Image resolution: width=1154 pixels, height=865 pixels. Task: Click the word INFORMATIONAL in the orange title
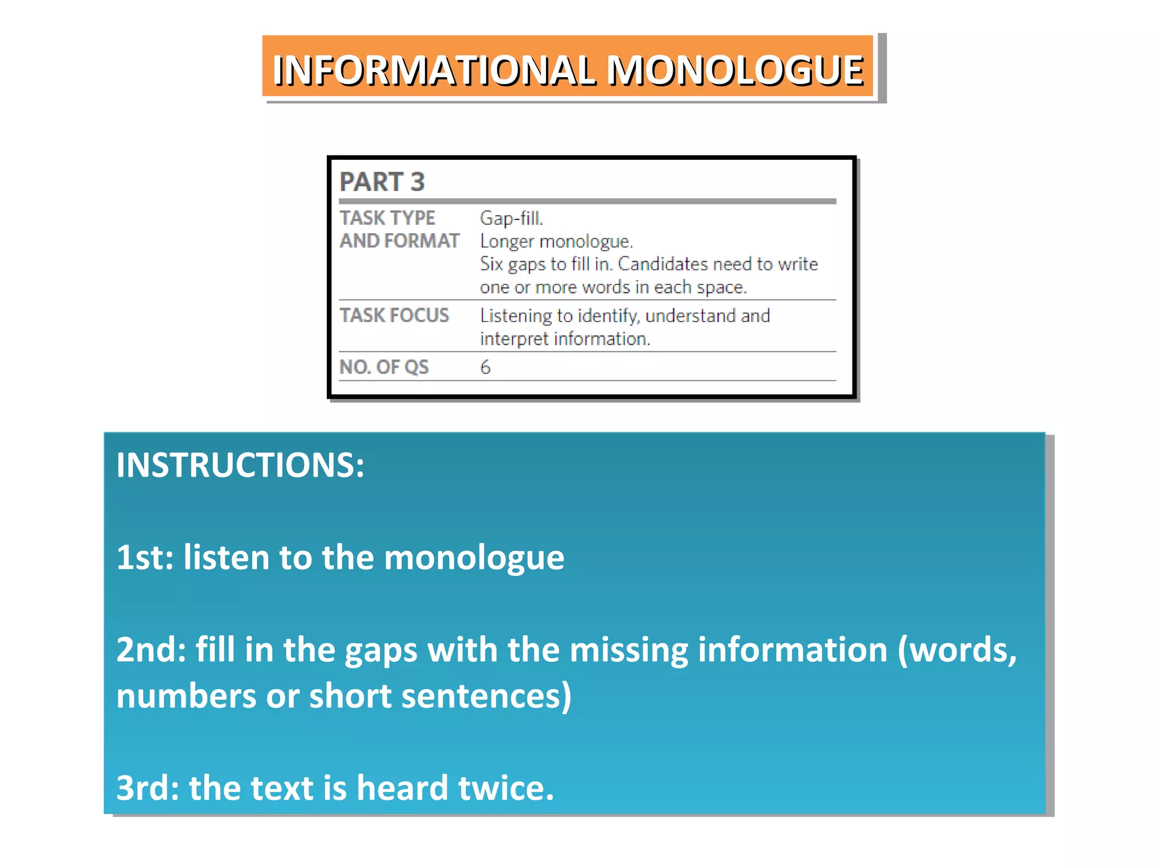[434, 71]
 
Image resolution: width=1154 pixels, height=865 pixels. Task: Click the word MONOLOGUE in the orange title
[735, 71]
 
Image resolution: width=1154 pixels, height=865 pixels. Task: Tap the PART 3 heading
[381, 182]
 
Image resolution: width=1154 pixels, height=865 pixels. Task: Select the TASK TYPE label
[387, 218]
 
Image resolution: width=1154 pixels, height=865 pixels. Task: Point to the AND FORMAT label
[399, 241]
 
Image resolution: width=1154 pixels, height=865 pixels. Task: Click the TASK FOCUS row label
[394, 315]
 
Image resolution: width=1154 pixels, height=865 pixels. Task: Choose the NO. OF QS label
[384, 367]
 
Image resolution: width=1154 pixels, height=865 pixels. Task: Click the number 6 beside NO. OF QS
[485, 368]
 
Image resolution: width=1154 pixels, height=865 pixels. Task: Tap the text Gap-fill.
[511, 219]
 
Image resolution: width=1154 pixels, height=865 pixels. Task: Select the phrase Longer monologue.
[556, 242]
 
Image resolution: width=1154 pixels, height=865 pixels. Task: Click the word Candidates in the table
[663, 264]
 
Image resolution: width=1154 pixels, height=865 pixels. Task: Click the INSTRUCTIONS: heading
[241, 465]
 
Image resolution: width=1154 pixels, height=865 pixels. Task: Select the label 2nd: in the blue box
[151, 650]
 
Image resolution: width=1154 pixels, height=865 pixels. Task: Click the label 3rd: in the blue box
[147, 788]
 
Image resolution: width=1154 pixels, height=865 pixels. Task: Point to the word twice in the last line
[505, 788]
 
